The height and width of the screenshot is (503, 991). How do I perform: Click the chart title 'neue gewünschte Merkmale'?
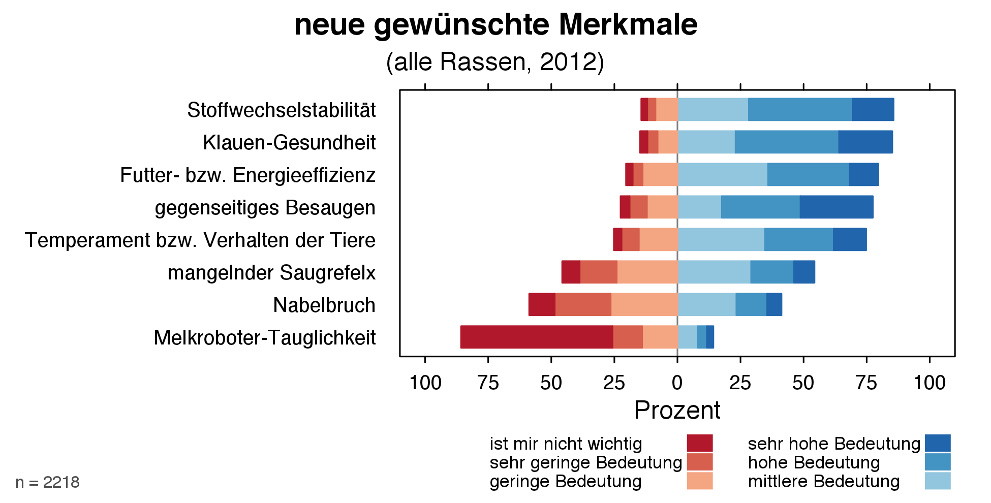tap(495, 24)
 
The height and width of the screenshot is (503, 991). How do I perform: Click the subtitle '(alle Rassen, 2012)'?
tap(495, 62)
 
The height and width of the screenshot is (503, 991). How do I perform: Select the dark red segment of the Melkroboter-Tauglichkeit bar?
tap(537, 337)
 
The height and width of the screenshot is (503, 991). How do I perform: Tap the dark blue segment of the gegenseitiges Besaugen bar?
tap(837, 207)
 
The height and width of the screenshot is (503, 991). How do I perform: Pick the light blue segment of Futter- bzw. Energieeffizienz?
tap(722, 175)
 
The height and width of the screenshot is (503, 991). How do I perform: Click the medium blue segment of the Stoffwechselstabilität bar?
tap(800, 110)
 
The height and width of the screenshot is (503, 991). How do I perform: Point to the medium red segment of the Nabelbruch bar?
tap(583, 305)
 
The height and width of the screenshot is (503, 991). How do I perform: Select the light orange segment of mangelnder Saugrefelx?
tap(647, 272)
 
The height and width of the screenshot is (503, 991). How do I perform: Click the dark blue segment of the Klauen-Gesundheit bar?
tap(865, 142)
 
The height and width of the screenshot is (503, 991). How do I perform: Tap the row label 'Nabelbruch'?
tap(324, 305)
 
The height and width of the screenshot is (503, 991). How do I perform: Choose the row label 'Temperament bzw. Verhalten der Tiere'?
tap(200, 240)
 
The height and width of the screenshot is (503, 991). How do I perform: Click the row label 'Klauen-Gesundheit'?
tap(289, 143)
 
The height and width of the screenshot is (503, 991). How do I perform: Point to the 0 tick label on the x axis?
tap(677, 383)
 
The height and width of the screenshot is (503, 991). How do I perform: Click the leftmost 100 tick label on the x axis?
tap(425, 383)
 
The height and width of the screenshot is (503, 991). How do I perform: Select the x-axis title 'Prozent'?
tap(677, 411)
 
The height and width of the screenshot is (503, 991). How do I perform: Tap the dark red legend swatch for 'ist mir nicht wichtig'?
tap(699, 443)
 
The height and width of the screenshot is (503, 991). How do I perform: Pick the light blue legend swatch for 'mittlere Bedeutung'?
tap(938, 481)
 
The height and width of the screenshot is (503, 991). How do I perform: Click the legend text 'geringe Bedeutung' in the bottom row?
tap(566, 481)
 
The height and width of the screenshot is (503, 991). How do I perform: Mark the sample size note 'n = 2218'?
tap(48, 482)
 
